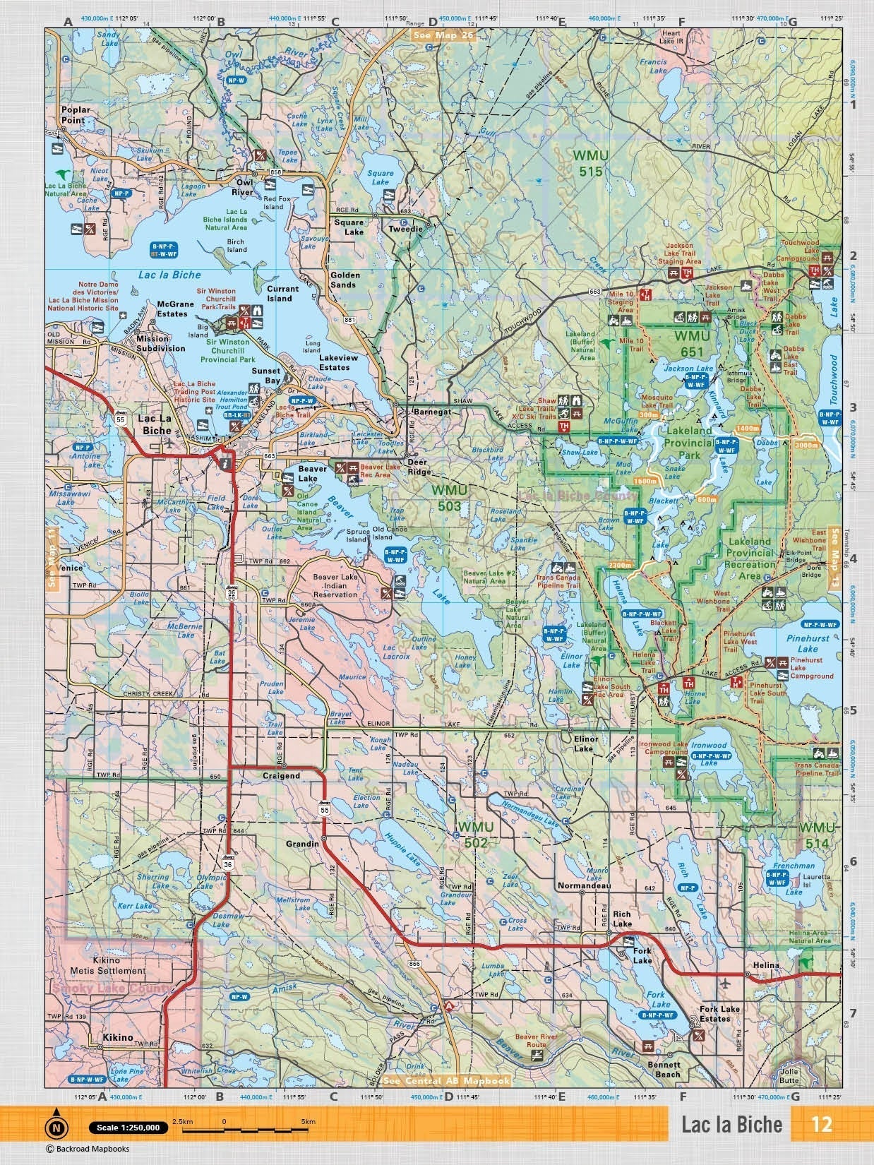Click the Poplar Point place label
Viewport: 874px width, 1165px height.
(x=73, y=115)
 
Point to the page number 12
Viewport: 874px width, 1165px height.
(x=822, y=1124)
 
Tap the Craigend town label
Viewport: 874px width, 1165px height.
(x=281, y=775)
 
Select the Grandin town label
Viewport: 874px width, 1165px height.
(x=304, y=844)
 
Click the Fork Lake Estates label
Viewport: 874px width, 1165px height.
(x=719, y=1014)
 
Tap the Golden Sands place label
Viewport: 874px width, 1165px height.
(x=345, y=280)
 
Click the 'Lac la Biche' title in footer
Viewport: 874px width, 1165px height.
(x=731, y=1124)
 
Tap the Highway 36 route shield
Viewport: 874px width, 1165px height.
(x=227, y=864)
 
